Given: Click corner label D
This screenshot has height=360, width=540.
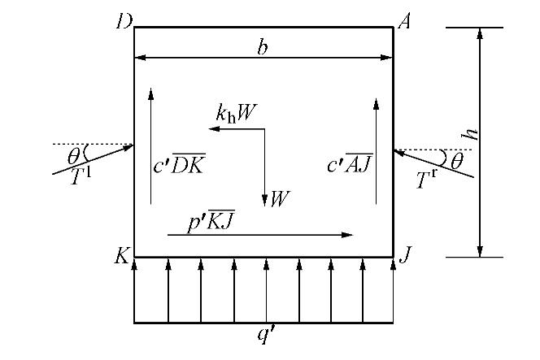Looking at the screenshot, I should point(124,19).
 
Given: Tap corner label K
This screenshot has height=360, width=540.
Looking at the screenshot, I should point(123,258).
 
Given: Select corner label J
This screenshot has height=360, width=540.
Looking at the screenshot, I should point(404,258).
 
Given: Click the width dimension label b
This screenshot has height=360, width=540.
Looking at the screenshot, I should point(262,47).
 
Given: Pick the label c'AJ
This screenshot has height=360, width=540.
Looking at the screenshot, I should point(350,165).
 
